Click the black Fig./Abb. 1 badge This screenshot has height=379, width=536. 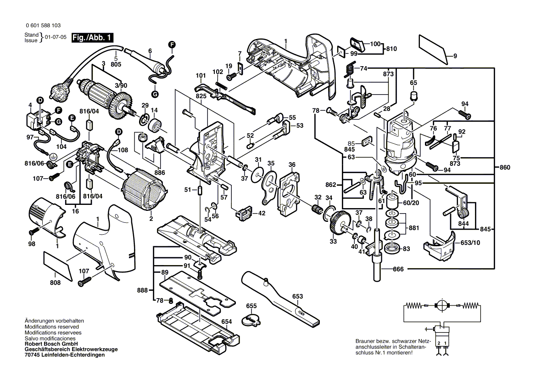92,38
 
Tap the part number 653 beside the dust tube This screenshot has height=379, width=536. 298,297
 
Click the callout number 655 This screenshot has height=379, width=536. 251,306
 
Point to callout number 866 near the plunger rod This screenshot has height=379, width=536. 398,269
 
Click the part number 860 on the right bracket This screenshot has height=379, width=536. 504,168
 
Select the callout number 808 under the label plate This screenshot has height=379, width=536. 55,283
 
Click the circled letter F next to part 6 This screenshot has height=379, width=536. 172,44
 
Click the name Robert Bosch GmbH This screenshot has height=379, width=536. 50,344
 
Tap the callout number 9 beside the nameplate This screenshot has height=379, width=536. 455,56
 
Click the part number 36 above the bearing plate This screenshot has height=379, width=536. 292,165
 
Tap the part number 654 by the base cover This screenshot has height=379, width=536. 227,322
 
